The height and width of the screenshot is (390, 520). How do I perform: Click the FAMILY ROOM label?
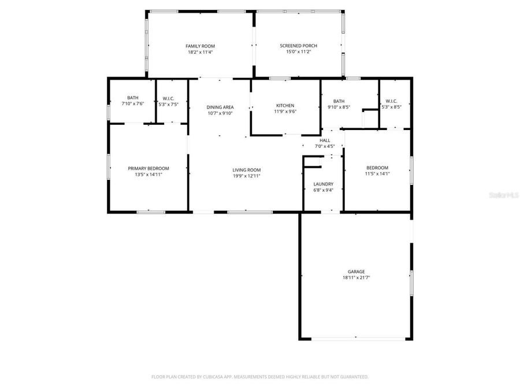(x=200, y=46)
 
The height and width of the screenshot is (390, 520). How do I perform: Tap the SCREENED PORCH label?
(x=298, y=46)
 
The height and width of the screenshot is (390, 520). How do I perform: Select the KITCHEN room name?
(x=285, y=106)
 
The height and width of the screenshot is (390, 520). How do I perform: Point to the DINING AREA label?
(x=220, y=107)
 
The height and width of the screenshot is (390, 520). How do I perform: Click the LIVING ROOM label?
(x=246, y=170)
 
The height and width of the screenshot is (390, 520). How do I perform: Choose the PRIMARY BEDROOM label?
(x=148, y=168)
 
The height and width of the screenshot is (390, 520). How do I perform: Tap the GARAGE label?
(x=356, y=272)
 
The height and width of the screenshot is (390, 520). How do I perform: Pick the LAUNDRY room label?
(x=323, y=184)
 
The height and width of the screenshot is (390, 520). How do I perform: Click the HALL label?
(x=325, y=140)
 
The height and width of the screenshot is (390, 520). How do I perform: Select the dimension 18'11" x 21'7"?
(x=356, y=278)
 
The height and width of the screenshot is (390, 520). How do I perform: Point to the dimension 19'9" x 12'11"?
(x=246, y=176)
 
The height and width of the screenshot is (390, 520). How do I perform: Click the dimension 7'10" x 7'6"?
(x=133, y=104)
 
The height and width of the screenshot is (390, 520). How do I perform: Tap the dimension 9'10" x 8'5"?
(x=339, y=107)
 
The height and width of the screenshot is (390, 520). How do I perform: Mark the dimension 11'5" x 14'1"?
(x=376, y=173)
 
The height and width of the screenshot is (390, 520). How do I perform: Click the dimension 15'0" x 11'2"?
(x=298, y=52)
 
